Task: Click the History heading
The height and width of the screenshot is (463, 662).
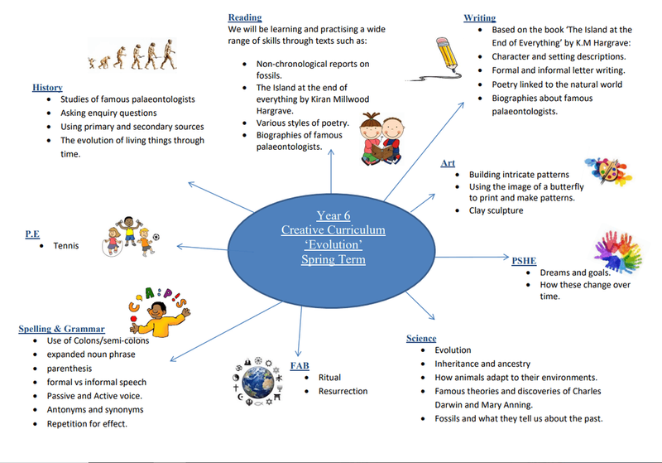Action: (x=47, y=88)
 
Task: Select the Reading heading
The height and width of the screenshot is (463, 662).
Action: (x=245, y=17)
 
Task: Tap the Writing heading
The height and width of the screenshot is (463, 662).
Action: (x=480, y=17)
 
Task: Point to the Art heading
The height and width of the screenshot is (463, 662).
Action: (x=448, y=163)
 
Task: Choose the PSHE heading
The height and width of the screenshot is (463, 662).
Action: (x=524, y=261)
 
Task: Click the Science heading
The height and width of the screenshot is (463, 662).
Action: (x=421, y=339)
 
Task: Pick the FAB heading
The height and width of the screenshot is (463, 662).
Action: (x=300, y=366)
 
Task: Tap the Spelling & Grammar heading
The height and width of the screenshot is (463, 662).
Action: (x=61, y=329)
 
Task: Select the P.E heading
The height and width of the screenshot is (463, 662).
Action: (x=32, y=234)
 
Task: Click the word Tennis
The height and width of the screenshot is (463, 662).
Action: (x=66, y=246)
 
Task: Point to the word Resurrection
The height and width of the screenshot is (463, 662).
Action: (x=343, y=391)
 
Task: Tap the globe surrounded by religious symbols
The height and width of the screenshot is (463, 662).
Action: (x=257, y=382)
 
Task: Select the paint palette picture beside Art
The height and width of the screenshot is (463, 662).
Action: (x=608, y=171)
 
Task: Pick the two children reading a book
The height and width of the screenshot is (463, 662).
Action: (x=382, y=138)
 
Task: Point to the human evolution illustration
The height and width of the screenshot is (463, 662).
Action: (x=132, y=55)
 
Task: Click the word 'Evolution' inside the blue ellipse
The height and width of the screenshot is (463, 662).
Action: (x=333, y=244)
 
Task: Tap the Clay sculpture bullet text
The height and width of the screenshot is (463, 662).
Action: (x=496, y=210)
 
